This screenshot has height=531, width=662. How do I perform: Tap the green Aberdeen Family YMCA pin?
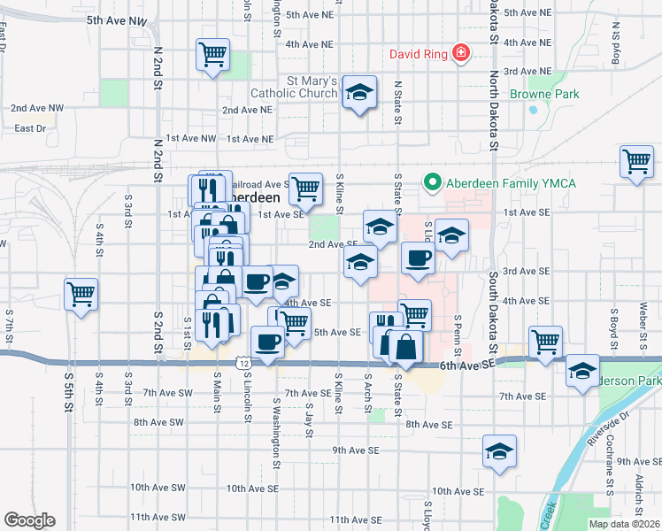(x=433, y=183)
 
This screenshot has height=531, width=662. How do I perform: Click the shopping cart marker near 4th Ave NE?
(x=212, y=55)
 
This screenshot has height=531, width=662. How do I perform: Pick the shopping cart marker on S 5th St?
(x=81, y=293)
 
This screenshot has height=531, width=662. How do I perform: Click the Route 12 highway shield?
(x=242, y=363)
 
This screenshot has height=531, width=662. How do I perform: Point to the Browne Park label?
(x=544, y=94)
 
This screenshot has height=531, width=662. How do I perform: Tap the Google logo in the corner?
(x=29, y=520)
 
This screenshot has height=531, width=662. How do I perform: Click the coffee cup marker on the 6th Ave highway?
(x=267, y=341)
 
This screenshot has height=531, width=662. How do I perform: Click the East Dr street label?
(x=30, y=128)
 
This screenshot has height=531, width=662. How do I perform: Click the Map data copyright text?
(x=623, y=524)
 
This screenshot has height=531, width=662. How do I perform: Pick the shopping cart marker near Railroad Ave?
(x=304, y=187)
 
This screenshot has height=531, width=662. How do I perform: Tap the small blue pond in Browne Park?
(x=533, y=112)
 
